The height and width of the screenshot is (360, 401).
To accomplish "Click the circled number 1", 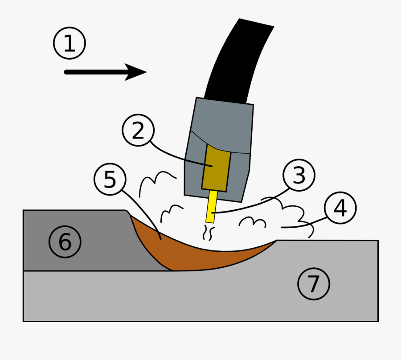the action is (x=70, y=44).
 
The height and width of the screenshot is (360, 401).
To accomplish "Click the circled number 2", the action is (x=138, y=131).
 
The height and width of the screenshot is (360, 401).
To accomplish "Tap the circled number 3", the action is (x=299, y=176).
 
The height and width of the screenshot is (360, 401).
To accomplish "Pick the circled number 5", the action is (x=110, y=180).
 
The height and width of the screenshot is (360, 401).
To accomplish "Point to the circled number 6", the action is (x=65, y=242).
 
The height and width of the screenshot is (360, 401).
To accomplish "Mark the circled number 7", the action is (x=314, y=284).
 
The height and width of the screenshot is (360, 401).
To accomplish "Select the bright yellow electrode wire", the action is (x=211, y=207).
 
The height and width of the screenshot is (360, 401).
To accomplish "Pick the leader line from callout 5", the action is (x=143, y=209).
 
